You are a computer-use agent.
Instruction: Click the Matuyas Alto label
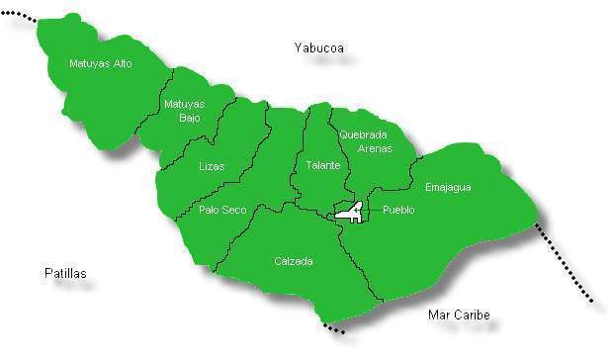coord(100,64)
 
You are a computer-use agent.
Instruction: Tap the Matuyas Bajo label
coord(184,110)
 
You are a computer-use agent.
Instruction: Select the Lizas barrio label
coord(211,166)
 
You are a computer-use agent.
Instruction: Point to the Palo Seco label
coord(222,209)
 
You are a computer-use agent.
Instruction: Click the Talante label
coord(322,165)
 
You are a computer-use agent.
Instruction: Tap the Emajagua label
coord(448,187)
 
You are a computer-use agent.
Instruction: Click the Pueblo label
coord(398,210)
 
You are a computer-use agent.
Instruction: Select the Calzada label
coord(293,261)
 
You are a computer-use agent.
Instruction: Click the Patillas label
coord(65,272)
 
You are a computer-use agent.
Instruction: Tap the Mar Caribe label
coord(459,315)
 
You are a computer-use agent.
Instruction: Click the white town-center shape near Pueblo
coord(348,211)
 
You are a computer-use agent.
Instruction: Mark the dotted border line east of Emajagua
coord(564,264)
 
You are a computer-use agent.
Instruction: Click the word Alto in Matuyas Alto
coord(121,64)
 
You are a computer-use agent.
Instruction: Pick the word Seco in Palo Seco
coord(234,209)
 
